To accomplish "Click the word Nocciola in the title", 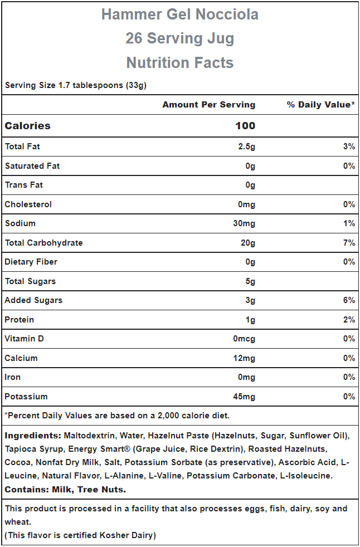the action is [227, 14].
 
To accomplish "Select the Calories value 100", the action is [245, 125].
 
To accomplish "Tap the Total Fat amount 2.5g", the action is [246, 147].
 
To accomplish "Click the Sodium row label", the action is [20, 223].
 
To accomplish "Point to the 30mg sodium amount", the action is [244, 223].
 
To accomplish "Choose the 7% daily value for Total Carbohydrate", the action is [349, 242].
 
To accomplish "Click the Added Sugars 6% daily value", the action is [349, 300].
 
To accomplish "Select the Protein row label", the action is [19, 320].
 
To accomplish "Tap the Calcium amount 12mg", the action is [244, 358].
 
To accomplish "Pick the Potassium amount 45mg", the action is [244, 397].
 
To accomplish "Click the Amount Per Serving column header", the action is [209, 105].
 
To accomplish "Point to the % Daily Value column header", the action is [321, 105].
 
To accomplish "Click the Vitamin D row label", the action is [25, 339].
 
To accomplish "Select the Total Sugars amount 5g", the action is [250, 281].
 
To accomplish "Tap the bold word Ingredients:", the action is [33, 436].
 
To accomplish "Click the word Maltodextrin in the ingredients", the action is [90, 436].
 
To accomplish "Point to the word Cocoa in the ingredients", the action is [16, 462].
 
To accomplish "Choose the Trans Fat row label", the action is [24, 185].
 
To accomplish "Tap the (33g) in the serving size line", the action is [136, 85].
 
